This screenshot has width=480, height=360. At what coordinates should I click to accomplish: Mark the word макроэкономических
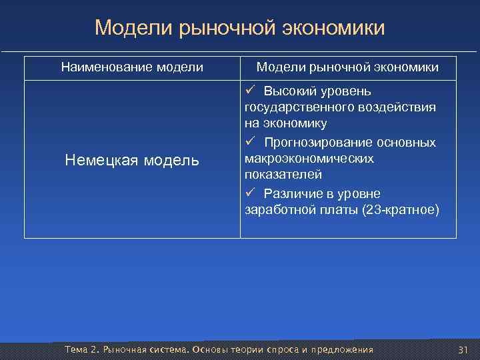pyautogui.click(x=309, y=159)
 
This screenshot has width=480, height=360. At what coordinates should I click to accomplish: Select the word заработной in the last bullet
pyautogui.click(x=277, y=210)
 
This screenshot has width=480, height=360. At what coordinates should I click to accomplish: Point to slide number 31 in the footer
pyautogui.click(x=464, y=351)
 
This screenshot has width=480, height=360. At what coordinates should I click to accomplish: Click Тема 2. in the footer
pyautogui.click(x=81, y=351)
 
